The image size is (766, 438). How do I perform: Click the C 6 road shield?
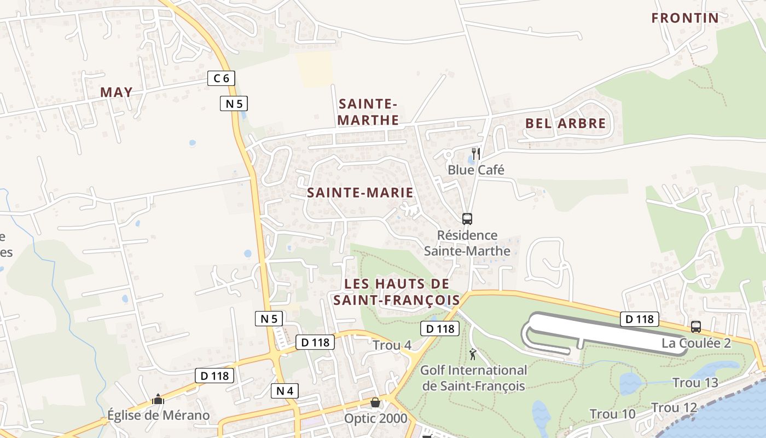(221, 78)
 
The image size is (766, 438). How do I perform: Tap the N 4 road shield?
(285, 390)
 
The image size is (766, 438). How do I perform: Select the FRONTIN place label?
(685, 18)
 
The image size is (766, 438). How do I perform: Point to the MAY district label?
(117, 92)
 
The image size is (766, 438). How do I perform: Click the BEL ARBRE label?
(566, 123)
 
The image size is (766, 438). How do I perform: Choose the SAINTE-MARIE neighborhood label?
(360, 193)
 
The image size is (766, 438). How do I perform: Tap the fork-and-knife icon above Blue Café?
(476, 153)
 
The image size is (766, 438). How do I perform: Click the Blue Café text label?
(476, 170)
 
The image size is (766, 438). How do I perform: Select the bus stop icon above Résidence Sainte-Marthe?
(467, 219)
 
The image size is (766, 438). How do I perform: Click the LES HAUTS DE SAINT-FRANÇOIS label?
(397, 292)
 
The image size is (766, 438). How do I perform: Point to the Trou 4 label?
(392, 345)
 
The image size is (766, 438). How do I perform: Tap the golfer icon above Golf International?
(473, 354)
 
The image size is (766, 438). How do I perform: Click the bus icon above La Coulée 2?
(696, 327)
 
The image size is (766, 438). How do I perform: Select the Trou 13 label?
(695, 383)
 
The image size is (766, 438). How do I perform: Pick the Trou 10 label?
(612, 414)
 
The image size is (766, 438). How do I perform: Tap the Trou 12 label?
(674, 408)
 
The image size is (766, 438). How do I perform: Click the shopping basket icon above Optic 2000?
(375, 403)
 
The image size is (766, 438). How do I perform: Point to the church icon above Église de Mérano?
(158, 399)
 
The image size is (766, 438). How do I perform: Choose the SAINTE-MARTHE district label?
(368, 112)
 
